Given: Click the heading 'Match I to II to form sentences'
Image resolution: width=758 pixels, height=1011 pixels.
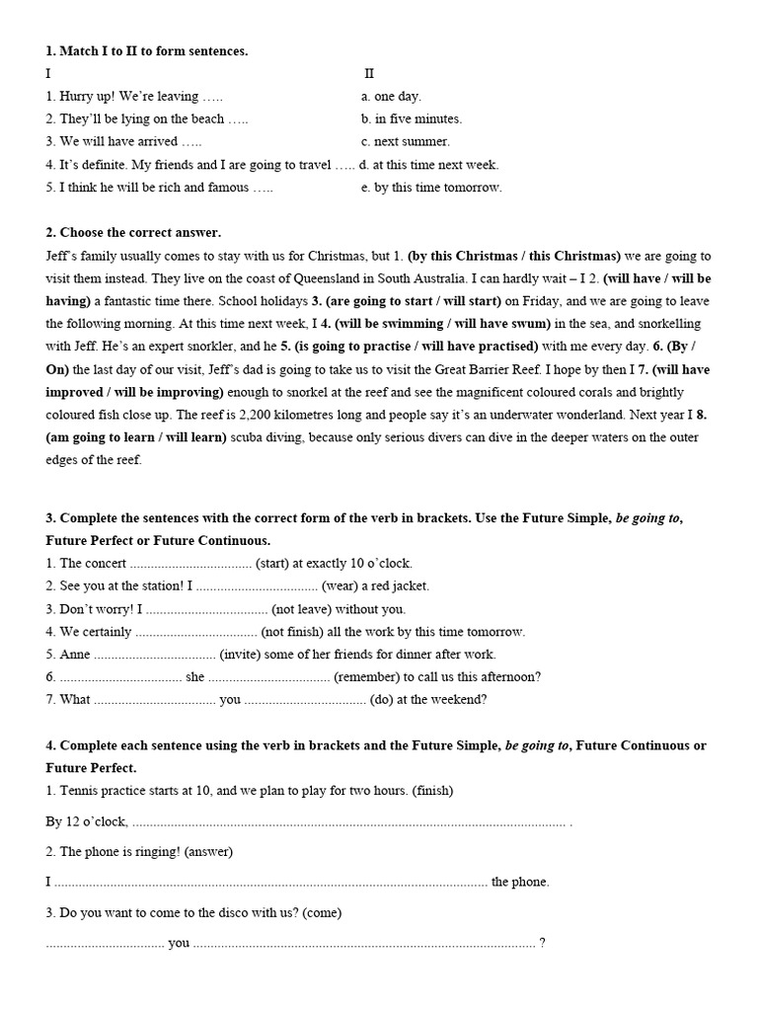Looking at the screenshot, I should click(147, 50).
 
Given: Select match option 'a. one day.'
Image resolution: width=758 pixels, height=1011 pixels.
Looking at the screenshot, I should click(391, 96).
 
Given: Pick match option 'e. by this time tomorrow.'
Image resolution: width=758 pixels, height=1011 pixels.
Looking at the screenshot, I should click(430, 187).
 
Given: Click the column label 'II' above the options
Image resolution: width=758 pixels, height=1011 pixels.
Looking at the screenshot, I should click(369, 73).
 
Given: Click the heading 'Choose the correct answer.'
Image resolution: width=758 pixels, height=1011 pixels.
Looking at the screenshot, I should click(133, 232).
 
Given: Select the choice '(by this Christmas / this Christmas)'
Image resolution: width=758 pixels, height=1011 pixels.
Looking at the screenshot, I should click(514, 255).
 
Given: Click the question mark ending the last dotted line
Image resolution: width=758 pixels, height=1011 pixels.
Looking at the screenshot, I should click(542, 942).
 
